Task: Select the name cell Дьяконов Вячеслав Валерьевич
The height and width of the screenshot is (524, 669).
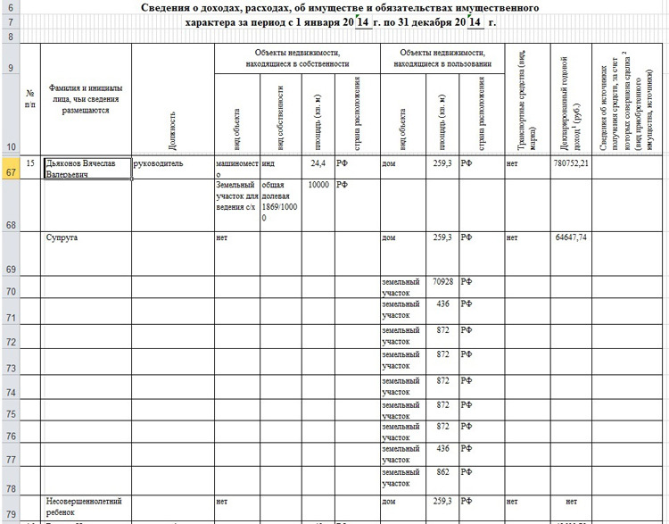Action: (87, 169)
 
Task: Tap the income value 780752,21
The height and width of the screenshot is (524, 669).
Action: (571, 164)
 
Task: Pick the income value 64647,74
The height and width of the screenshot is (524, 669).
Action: (571, 237)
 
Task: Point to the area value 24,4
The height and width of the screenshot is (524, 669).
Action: (318, 164)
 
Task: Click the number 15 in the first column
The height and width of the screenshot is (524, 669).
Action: (30, 164)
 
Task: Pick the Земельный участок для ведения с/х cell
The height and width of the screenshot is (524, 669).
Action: (236, 195)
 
